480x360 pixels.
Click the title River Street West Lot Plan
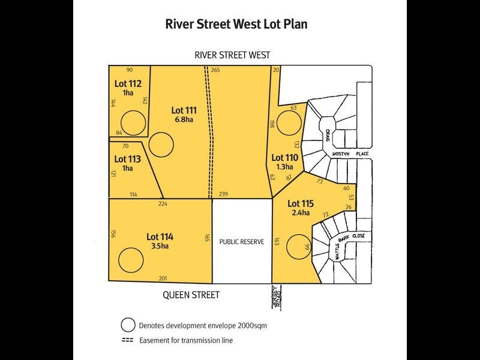click(x=240, y=25)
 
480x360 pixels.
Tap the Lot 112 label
click(x=128, y=83)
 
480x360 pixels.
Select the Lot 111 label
click(x=184, y=110)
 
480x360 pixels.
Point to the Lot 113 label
click(x=127, y=159)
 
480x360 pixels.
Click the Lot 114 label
click(x=160, y=236)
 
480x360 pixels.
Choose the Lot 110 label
click(x=284, y=158)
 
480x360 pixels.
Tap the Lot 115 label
click(x=301, y=203)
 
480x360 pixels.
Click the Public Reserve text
click(x=242, y=242)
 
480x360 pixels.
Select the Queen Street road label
click(x=191, y=295)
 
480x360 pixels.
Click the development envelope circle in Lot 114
click(x=131, y=260)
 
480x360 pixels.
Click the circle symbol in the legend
click(x=128, y=325)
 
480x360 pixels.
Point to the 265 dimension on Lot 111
click(x=215, y=70)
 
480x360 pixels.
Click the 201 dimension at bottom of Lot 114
click(x=162, y=278)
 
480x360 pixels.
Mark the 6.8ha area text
click(x=184, y=119)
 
